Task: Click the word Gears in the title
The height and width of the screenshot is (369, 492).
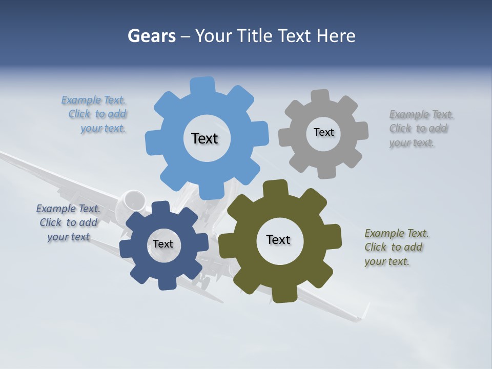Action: [152, 36]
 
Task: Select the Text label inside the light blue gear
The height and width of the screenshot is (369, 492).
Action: [204, 138]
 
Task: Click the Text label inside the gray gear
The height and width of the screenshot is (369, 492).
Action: [323, 132]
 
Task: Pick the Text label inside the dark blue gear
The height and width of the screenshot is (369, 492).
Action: [163, 244]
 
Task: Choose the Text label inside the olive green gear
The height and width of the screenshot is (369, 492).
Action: [278, 240]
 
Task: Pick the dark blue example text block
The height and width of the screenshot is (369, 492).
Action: [68, 223]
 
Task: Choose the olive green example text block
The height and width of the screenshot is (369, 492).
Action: [396, 248]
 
